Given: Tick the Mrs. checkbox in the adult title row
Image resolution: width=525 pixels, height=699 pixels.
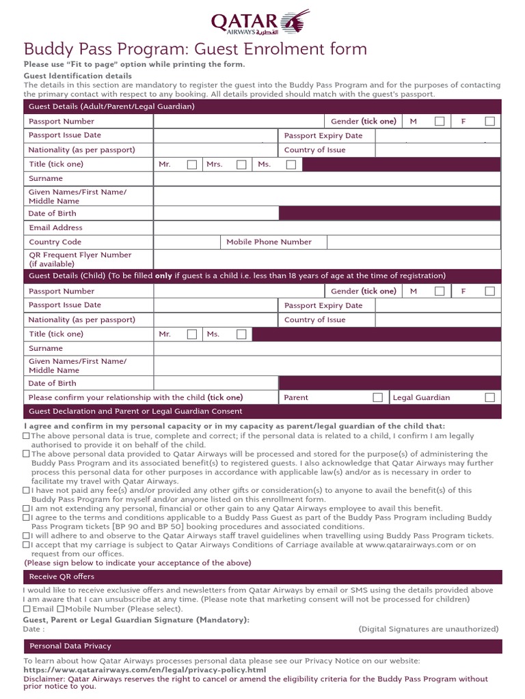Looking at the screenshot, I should (241, 165).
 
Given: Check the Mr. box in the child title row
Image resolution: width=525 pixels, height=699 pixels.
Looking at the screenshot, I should (192, 334).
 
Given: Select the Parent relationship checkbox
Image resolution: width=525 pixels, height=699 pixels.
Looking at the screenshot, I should (377, 397).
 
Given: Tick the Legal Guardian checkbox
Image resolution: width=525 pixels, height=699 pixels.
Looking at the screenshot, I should (489, 397).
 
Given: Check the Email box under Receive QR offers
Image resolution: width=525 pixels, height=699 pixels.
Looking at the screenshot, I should (27, 609).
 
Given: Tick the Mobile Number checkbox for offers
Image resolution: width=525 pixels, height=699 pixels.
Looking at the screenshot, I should (61, 609).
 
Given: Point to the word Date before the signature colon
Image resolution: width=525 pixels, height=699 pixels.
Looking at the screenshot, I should (31, 629).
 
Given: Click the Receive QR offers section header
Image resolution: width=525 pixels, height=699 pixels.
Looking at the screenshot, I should (62, 577).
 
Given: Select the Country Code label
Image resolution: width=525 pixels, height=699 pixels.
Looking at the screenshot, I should (55, 242).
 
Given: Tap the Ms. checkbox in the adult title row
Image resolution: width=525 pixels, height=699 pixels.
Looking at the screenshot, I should (291, 165).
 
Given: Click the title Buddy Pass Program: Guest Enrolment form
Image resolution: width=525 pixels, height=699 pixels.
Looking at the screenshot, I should (196, 49).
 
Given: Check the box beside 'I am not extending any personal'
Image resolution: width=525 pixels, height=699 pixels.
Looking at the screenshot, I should (27, 509).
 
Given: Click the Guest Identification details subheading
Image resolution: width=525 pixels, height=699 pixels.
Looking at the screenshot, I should (78, 76).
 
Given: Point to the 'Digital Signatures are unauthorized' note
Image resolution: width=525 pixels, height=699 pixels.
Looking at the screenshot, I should (429, 629).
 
